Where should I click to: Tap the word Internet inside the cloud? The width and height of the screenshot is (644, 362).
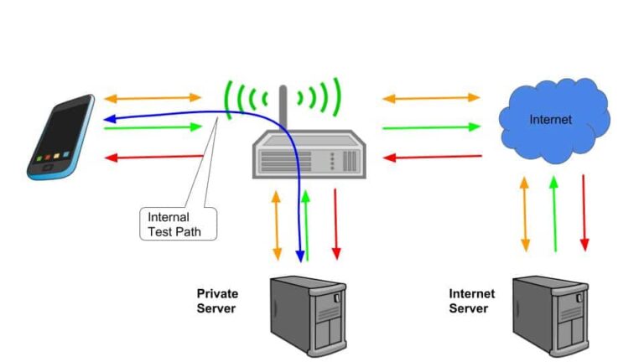click(x=550, y=120)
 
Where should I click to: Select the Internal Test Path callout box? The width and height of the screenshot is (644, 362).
click(x=176, y=224)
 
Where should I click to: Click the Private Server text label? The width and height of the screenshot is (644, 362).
click(x=217, y=301)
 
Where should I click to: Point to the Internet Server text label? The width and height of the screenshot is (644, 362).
click(x=472, y=301)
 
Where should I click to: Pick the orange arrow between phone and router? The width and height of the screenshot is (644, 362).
click(x=153, y=99)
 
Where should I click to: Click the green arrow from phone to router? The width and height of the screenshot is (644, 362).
click(x=153, y=127)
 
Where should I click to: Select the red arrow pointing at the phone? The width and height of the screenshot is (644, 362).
click(x=153, y=157)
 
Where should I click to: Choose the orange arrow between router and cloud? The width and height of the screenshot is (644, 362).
click(x=431, y=98)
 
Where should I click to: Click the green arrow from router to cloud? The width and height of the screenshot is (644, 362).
click(x=431, y=127)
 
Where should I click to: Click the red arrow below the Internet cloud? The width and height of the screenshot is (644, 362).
click(x=584, y=213)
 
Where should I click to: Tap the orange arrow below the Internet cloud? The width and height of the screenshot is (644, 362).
click(x=526, y=213)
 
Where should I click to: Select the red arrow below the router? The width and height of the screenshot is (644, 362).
click(x=336, y=224)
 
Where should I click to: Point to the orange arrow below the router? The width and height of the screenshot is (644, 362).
click(x=278, y=224)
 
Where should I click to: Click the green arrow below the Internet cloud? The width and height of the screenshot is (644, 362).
click(x=554, y=213)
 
